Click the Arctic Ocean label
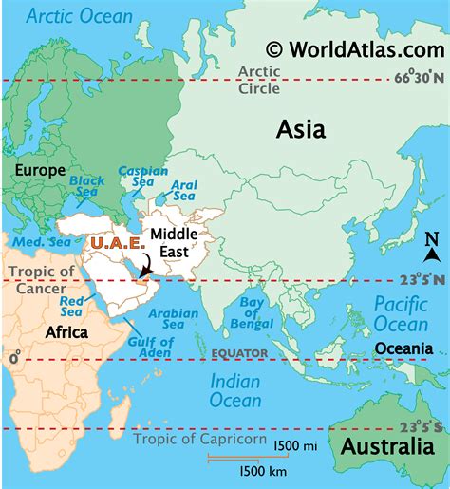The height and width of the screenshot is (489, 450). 80,15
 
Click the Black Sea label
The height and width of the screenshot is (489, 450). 86,185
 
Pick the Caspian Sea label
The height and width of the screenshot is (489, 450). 137,178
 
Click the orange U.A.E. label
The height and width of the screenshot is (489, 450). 117,243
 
